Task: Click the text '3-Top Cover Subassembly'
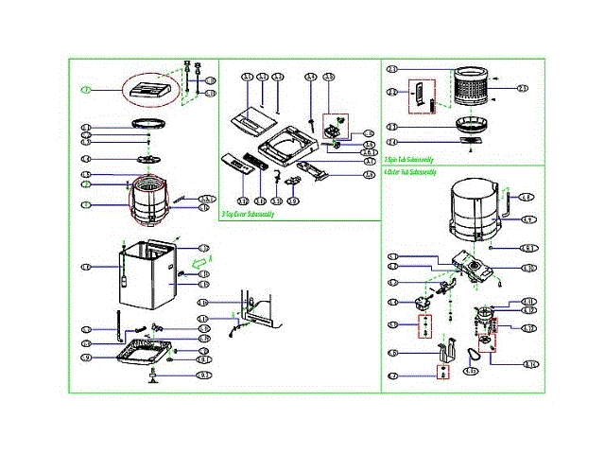point(248,215)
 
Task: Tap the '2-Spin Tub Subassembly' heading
point(409,161)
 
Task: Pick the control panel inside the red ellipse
point(151,90)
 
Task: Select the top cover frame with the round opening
point(285,143)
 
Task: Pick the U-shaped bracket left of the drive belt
point(441,351)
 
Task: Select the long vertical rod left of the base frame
point(119,324)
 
